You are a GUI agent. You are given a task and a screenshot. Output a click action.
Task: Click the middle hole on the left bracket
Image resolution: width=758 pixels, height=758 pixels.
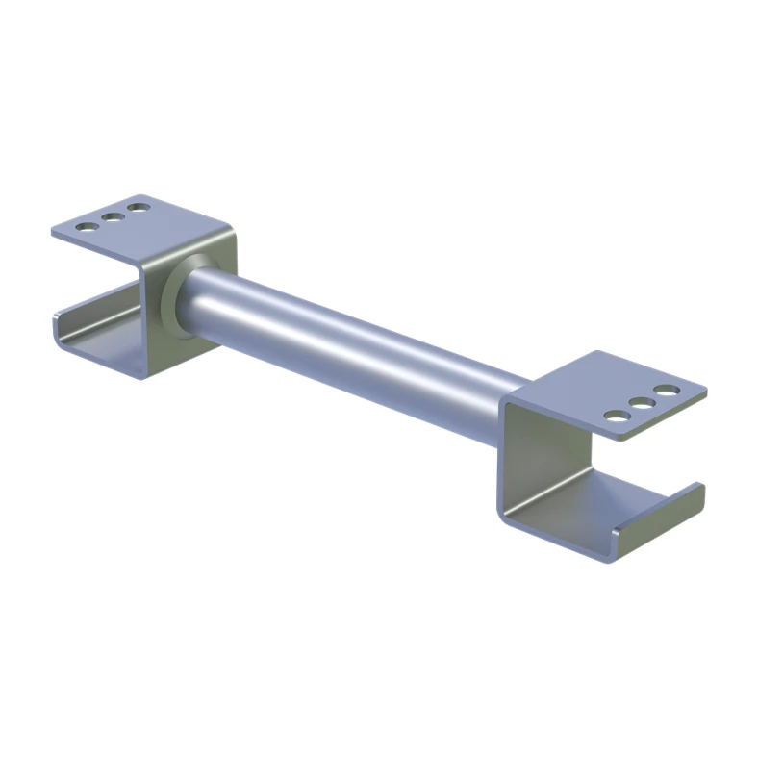(x=114, y=217)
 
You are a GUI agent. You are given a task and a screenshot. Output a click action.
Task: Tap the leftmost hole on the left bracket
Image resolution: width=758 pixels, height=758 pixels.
(x=88, y=227)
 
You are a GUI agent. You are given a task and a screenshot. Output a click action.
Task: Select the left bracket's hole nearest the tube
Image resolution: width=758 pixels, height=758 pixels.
(x=139, y=207)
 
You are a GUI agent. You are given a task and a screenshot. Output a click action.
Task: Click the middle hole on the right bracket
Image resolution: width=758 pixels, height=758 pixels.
(x=640, y=403)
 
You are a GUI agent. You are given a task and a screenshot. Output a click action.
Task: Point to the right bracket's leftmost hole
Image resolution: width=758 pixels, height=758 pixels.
(x=614, y=417)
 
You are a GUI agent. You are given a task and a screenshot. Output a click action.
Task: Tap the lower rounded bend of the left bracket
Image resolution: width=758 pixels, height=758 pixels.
(x=144, y=370)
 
